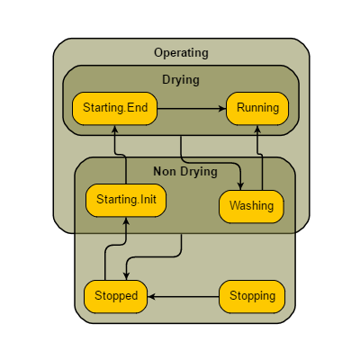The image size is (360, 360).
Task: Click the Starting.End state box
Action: tap(114, 109)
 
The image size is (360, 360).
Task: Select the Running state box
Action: tap(257, 109)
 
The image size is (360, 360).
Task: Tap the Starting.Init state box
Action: tap(126, 200)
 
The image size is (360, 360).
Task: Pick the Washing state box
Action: tap(251, 206)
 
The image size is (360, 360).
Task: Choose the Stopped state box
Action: tap(116, 296)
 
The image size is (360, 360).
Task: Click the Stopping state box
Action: tap(252, 296)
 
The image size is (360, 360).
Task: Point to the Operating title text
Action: tap(181, 52)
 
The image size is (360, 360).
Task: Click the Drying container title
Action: tap(181, 79)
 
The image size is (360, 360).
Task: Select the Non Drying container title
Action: tap(184, 172)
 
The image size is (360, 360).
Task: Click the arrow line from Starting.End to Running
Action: tap(191, 109)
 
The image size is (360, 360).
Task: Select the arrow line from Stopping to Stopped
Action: tap(184, 296)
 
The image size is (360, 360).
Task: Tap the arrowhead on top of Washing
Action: tap(240, 185)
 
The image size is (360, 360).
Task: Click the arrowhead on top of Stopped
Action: tap(126, 276)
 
